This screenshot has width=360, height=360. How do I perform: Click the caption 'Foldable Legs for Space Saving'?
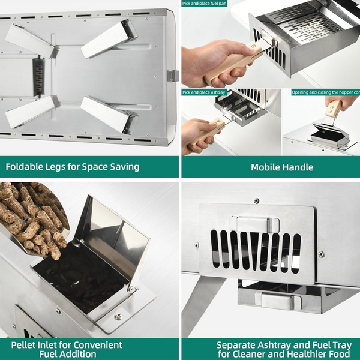73,167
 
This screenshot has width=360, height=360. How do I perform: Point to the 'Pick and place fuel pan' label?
205,4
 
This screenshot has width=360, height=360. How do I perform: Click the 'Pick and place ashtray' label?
203,92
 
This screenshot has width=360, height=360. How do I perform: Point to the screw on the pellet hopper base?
118,316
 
